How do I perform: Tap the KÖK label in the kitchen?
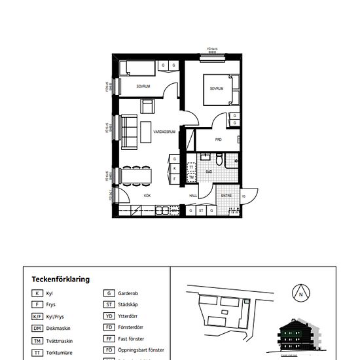click(148, 195)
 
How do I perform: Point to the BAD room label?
click(208, 172)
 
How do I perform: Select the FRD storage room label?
click(218, 140)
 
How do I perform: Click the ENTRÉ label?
click(226, 195)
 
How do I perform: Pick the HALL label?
click(194, 195)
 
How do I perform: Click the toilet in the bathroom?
click(220, 159)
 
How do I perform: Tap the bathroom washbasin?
click(205, 157)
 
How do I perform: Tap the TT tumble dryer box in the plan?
click(191, 168)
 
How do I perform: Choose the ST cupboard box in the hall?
click(201, 211)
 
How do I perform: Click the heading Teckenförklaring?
click(60, 279)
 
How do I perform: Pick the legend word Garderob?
click(131, 293)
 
